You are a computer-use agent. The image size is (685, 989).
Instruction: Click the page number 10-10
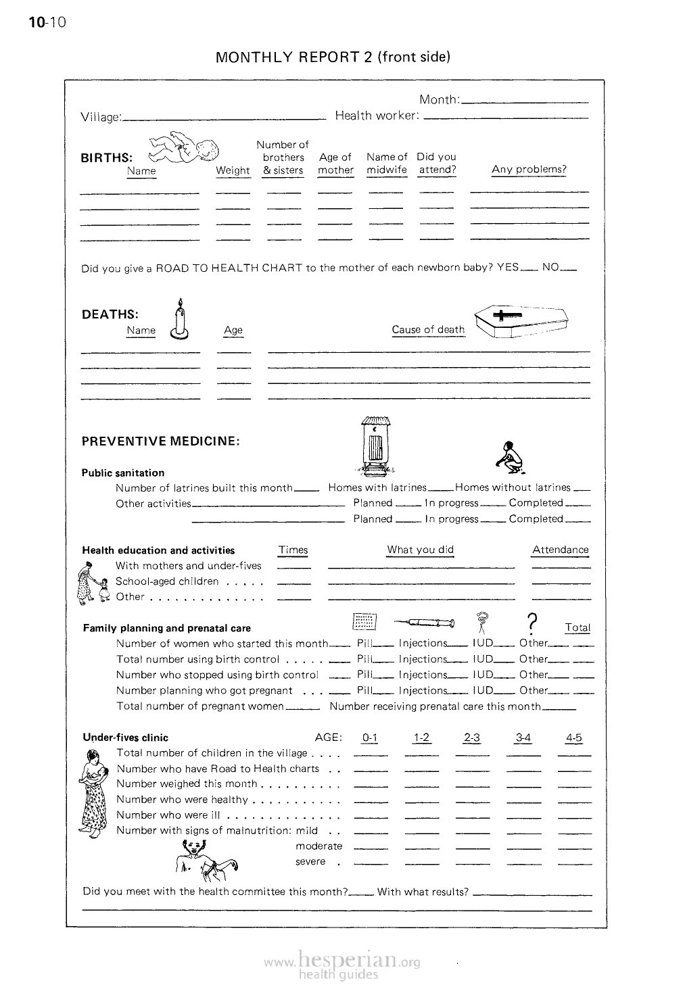[x=47, y=23]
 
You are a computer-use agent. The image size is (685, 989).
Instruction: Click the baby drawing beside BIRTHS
[x=183, y=149]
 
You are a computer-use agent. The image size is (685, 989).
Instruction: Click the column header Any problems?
[x=529, y=169]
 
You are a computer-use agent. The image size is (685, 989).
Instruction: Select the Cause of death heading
[x=428, y=330]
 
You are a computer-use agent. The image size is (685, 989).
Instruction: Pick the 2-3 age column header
[x=472, y=738]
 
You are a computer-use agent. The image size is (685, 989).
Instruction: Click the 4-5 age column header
[x=574, y=738]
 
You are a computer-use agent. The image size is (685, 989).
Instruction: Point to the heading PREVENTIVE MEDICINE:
[x=160, y=441]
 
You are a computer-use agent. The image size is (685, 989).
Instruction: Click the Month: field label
[x=440, y=100]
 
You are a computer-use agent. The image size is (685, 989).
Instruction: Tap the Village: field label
[x=101, y=117]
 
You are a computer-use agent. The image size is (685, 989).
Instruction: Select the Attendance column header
[x=560, y=550]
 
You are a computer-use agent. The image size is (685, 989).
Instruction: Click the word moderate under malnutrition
[x=319, y=846]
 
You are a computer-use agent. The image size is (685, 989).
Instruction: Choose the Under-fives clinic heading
[x=125, y=738]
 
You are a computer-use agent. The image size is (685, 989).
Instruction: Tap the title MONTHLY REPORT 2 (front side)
[x=333, y=57]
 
